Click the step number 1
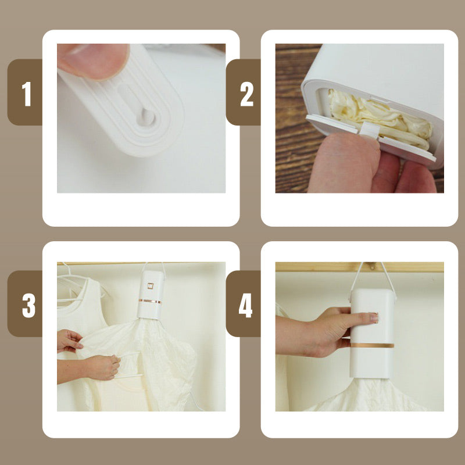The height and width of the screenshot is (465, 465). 27,94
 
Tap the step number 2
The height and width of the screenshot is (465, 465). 246,94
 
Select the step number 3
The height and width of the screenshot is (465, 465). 28,306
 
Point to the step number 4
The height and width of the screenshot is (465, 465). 245,306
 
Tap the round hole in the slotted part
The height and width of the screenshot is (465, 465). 146,118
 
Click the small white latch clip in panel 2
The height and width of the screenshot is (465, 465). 369,130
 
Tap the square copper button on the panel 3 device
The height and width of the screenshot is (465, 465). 151,286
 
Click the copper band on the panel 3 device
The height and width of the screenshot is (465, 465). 151,302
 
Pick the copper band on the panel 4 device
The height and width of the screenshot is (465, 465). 372,345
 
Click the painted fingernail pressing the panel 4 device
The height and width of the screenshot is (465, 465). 374,317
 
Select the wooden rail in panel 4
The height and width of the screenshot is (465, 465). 359,267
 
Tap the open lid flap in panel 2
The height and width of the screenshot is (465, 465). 371,138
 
